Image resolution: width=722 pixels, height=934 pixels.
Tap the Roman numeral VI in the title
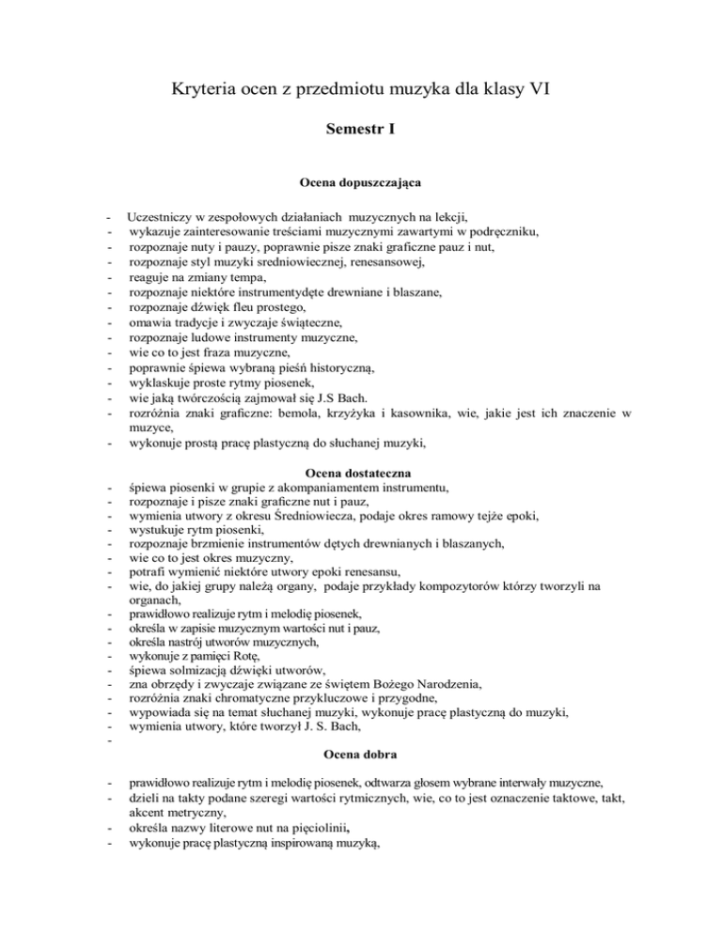(x=538, y=90)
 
